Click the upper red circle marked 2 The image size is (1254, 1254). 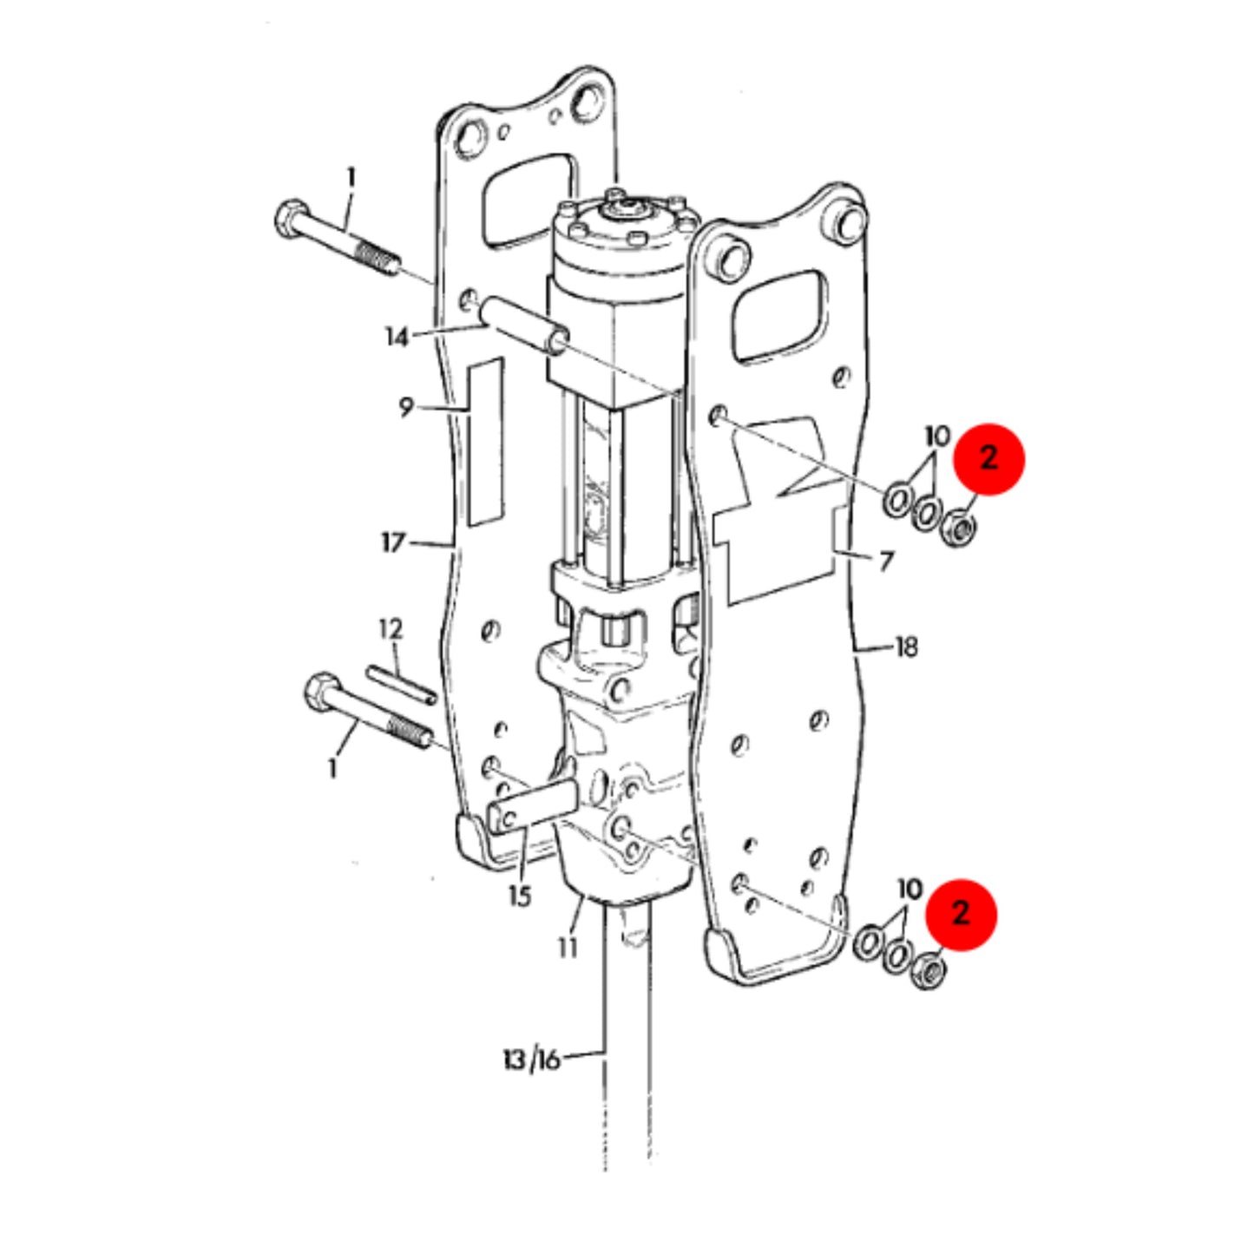tap(988, 459)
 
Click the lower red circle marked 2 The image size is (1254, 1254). tap(962, 915)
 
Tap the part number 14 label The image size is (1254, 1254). tap(397, 338)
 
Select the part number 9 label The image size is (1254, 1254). tap(406, 408)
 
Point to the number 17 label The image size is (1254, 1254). tap(393, 542)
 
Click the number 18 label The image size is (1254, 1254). tap(907, 647)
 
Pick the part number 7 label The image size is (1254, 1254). tap(885, 561)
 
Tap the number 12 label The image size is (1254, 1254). tap(391, 629)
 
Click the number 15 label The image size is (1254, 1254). tap(520, 896)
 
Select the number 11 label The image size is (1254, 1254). tap(568, 949)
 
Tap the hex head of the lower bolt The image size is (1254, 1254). tap(320, 692)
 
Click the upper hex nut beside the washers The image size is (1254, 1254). tap(957, 528)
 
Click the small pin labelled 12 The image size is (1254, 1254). tap(401, 684)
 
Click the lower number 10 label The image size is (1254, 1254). tap(910, 889)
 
